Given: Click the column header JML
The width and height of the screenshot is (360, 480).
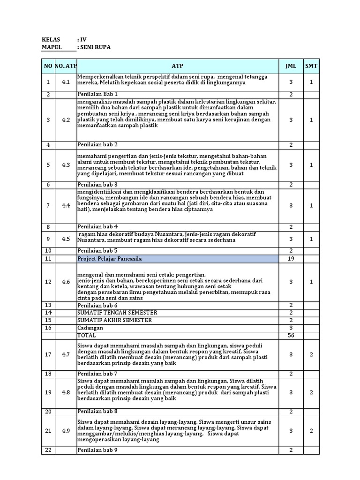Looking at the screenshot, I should [291, 67].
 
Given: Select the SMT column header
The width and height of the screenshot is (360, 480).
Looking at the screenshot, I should [311, 67].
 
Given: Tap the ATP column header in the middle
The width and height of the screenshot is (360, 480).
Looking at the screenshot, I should [177, 67].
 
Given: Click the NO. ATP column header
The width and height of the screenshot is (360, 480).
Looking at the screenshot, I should [66, 67].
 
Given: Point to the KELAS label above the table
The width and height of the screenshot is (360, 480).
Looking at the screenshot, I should [51, 40].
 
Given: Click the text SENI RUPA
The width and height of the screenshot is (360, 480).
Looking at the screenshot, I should [97, 47].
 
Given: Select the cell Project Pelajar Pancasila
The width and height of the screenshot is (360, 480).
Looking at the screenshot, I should [109, 259].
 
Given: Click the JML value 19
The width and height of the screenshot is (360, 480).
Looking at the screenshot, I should [291, 259].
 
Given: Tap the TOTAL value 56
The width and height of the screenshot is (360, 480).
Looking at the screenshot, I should [291, 336].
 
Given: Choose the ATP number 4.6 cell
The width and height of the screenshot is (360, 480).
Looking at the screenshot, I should [66, 282].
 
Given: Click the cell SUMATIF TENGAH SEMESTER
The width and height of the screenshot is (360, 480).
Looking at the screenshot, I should [117, 313].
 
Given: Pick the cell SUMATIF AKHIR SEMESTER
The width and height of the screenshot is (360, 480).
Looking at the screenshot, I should [115, 320].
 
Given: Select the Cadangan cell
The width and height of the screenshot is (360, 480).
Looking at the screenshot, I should [89, 328].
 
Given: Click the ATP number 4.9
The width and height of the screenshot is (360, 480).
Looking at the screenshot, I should [66, 430].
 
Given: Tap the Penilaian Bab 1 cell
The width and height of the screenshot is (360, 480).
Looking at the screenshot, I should [97, 94].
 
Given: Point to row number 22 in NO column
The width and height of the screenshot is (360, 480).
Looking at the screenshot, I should [47, 450].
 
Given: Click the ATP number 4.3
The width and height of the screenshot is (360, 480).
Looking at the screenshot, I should [66, 165].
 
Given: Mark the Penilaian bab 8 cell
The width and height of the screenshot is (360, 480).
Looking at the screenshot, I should [97, 412].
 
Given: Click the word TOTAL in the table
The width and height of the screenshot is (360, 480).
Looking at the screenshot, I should [87, 336].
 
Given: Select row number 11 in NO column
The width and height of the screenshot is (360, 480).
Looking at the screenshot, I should [47, 259].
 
